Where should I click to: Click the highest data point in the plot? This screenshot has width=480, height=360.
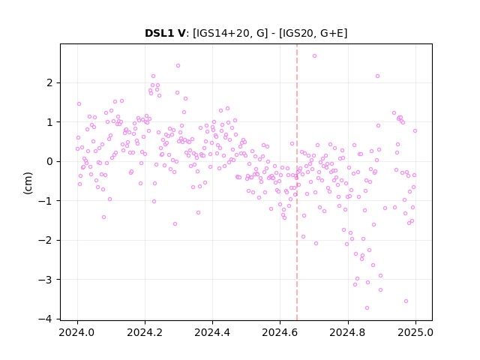[314, 56]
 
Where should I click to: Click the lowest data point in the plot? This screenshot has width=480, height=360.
[367, 308]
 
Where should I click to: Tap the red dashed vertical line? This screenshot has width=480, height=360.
[297, 182]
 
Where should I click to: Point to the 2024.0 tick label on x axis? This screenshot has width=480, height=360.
[77, 332]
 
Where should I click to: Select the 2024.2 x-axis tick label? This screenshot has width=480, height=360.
[145, 332]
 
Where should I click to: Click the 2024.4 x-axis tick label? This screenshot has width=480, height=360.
[212, 332]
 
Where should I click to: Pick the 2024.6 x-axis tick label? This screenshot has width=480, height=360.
[280, 332]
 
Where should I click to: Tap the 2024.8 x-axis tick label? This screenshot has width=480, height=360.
[347, 332]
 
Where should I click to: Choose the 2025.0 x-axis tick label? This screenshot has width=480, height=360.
[415, 332]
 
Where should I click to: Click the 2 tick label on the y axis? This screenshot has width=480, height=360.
[49, 83]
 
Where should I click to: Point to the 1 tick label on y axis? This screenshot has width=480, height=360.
[49, 122]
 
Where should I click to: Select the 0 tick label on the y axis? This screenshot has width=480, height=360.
[49, 162]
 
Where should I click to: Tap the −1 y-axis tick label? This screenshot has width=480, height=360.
[45, 201]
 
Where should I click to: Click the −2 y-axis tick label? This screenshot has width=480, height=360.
[45, 240]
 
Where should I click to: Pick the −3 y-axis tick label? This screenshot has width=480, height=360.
[45, 280]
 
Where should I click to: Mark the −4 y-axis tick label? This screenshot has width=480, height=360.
[45, 319]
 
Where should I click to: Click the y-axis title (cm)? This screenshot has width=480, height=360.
[28, 183]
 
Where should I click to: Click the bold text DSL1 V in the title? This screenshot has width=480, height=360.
[165, 33]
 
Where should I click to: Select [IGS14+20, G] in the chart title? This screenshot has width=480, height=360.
[230, 33]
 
